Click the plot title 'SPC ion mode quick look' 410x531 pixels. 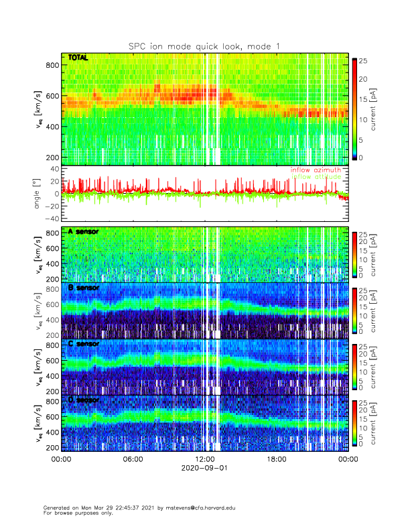coord(204,46)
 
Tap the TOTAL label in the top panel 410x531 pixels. coord(78,58)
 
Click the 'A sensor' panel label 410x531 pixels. coord(83,231)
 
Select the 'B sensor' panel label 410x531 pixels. coord(83,288)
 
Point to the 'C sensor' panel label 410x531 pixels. coord(83,344)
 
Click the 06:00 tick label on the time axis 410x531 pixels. coord(133,459)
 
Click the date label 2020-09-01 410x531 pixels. coord(204,469)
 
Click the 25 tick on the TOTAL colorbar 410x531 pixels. coord(362,60)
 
